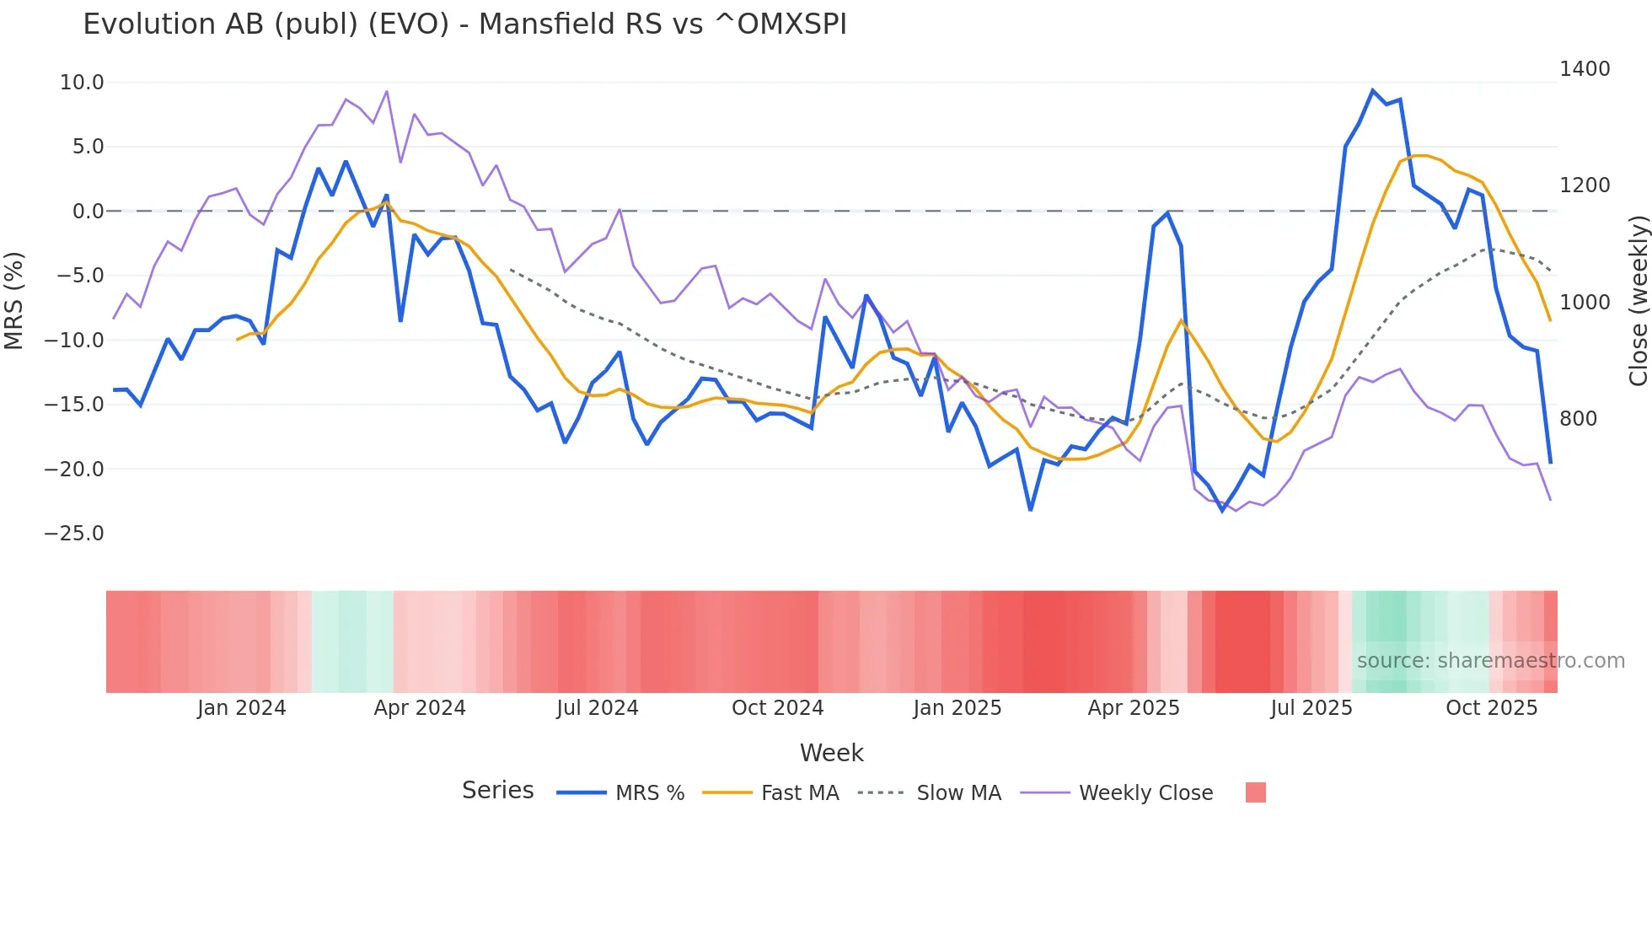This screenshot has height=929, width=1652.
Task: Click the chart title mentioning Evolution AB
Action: coord(464,24)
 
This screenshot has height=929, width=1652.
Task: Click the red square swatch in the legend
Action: coord(1255,792)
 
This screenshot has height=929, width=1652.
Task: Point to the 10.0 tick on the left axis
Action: coord(82,83)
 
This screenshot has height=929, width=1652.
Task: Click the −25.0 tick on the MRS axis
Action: coord(75,534)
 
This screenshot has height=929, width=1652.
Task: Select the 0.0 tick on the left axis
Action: coord(88,212)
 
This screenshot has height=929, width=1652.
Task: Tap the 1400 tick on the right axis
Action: coord(1585,69)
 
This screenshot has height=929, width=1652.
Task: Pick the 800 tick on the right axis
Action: coord(1578,419)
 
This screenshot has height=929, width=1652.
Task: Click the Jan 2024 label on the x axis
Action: coord(242,708)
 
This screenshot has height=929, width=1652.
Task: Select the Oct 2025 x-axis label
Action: coord(1491,708)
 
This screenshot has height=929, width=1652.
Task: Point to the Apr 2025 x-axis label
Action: coord(1134,708)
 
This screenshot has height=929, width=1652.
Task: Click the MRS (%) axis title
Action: coord(14,301)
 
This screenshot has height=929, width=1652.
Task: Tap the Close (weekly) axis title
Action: coord(1638,301)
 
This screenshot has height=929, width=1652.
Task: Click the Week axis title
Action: coord(831,753)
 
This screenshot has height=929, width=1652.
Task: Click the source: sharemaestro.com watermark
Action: coord(1490,661)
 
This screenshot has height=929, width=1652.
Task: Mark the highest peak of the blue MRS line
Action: coord(1373,90)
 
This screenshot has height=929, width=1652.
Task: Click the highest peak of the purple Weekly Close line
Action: coord(387,91)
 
